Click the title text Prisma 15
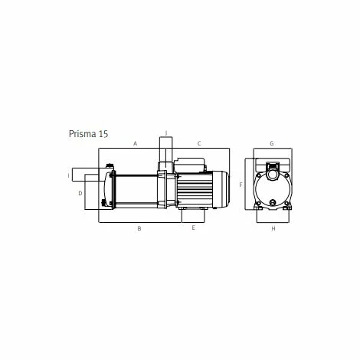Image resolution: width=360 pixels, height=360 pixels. coord(88,133)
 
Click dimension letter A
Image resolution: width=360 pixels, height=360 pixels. coord(135,143)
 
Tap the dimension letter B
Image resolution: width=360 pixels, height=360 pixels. coord(139,228)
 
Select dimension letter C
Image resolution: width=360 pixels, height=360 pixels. coord(198,143)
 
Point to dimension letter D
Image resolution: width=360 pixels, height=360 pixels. coord(80,193)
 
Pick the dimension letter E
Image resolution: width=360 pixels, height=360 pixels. coord(193,228)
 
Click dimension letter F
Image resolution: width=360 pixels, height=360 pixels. coord(241,185)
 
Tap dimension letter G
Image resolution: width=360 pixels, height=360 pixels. coord(271,143)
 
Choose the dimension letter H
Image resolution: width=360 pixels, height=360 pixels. coord(273,228)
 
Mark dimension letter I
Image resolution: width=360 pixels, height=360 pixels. coord(68,175)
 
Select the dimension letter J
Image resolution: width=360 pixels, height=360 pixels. coord(165,132)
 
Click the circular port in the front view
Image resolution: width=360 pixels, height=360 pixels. coord(272,185)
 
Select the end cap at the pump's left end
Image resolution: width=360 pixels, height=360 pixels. coord(108,189)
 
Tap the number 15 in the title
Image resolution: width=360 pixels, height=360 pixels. coord(103,133)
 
